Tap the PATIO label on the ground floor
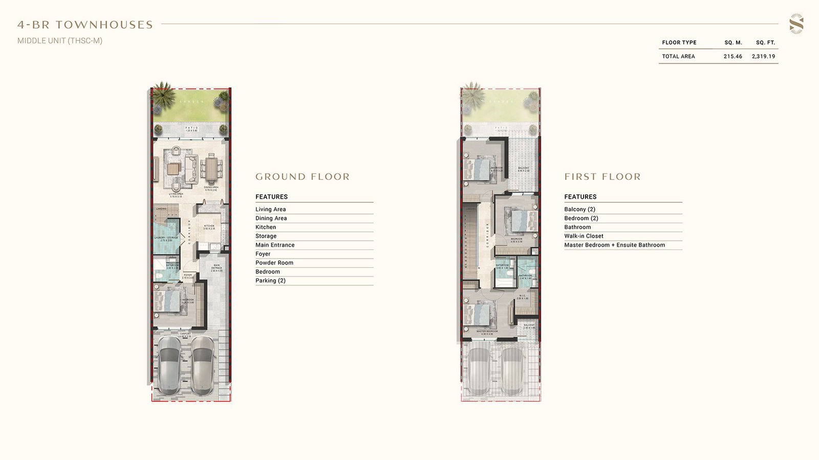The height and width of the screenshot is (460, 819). (x=191, y=129)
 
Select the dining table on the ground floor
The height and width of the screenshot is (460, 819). (x=211, y=168)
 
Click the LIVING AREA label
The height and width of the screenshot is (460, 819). (x=176, y=195)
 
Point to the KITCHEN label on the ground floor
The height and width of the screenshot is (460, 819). (x=209, y=227)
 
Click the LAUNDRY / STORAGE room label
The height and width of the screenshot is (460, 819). (x=166, y=238)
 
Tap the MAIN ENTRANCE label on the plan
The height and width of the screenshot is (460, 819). (x=217, y=267)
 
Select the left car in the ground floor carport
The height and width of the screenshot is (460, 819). (x=168, y=364)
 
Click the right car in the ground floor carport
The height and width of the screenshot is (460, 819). (x=203, y=364)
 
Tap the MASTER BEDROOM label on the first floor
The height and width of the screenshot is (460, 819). (x=487, y=332)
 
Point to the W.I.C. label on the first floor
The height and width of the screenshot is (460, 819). (x=522, y=296)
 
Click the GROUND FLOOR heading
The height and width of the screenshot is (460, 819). (x=303, y=177)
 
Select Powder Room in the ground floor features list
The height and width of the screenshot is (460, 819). (x=274, y=263)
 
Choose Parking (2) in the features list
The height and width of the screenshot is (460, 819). (x=270, y=281)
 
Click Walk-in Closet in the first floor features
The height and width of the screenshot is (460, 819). (x=584, y=236)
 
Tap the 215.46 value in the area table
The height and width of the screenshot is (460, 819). (x=732, y=57)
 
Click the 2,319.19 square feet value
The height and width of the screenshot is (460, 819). (x=763, y=57)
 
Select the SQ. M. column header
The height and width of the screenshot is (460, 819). (x=733, y=43)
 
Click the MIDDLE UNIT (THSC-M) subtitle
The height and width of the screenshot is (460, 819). (x=60, y=41)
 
